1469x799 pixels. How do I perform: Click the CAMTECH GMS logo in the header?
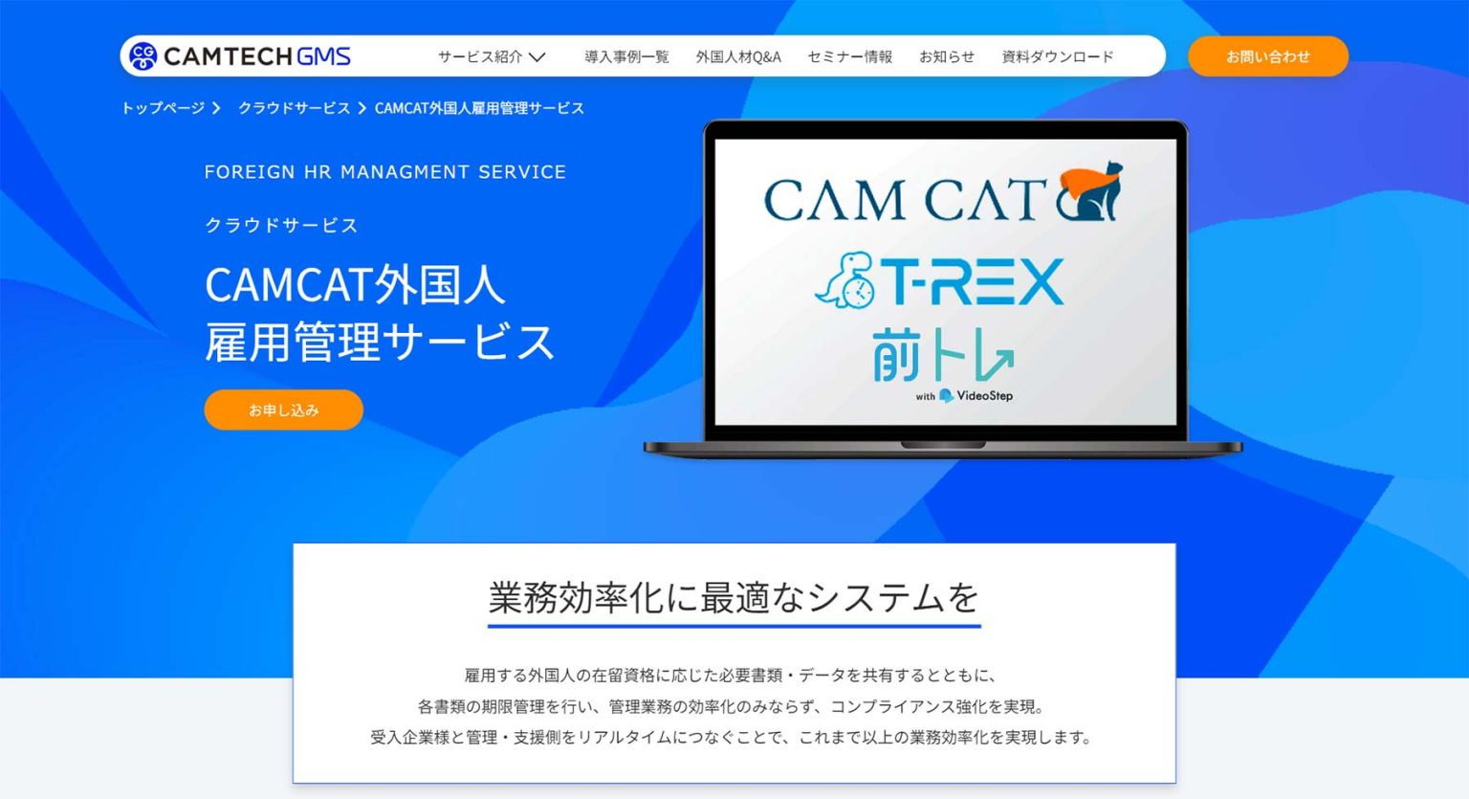coord(240,56)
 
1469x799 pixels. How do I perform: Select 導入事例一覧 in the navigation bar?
coord(626,56)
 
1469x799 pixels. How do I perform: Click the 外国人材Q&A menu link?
coord(738,56)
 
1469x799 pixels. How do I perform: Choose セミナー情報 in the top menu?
coord(849,56)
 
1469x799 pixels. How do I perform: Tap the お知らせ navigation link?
coord(947,56)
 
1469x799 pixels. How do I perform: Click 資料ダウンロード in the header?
coord(1057,56)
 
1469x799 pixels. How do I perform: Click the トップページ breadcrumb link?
coord(163,108)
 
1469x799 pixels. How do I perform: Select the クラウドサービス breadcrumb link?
coord(294,108)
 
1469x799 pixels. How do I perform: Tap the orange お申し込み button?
coord(283,410)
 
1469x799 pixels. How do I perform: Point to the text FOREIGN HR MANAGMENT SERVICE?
coord(384,172)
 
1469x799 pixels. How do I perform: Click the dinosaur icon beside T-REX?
coord(844,280)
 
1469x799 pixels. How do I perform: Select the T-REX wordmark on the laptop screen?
coord(971,281)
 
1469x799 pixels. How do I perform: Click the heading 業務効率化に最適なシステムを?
coord(734,598)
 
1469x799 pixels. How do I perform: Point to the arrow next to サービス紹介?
coord(537,57)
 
